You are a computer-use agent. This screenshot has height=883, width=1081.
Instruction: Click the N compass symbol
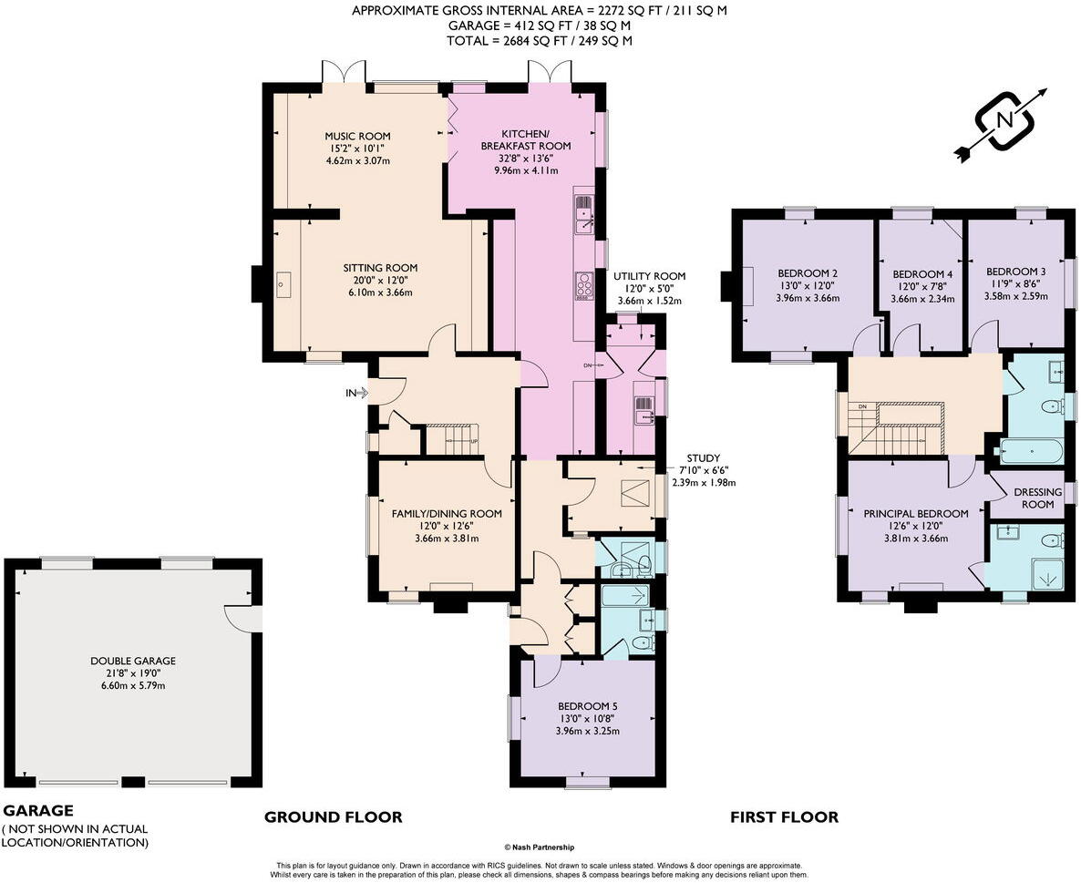click(1004, 120)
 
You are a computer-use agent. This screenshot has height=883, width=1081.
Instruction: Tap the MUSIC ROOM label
click(358, 136)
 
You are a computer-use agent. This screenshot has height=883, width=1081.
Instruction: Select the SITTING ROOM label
click(381, 267)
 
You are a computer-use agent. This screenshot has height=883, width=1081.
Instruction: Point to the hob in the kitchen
click(584, 287)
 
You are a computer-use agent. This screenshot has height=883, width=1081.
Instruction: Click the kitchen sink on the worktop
click(584, 213)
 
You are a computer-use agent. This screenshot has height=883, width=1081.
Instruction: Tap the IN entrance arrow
click(358, 393)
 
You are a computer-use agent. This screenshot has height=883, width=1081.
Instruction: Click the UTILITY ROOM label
click(650, 276)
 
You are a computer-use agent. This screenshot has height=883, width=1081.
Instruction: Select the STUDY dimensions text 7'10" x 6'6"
click(704, 470)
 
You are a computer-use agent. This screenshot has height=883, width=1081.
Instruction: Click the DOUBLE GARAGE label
click(133, 661)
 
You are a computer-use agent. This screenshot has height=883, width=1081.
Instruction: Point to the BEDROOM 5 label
click(587, 706)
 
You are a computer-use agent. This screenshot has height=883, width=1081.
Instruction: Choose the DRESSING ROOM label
click(1037, 498)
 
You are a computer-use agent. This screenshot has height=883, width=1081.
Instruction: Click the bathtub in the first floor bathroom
click(1032, 451)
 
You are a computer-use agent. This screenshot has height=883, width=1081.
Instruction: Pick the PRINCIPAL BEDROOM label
click(915, 514)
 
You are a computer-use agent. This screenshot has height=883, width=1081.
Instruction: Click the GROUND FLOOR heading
click(333, 816)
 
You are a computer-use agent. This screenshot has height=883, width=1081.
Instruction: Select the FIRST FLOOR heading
click(785, 816)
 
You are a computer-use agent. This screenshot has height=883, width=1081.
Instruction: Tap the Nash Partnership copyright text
click(539, 847)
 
